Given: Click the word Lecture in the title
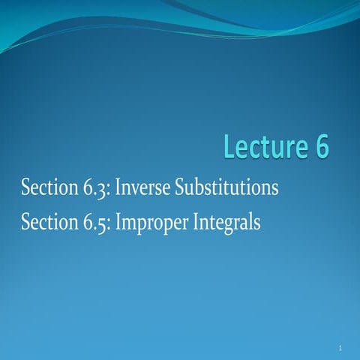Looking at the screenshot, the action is pyautogui.click(x=265, y=146).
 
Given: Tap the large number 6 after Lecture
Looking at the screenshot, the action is pyautogui.click(x=321, y=146).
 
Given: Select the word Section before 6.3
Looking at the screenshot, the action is pyautogui.click(x=49, y=187).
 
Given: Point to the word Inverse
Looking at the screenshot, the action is pyautogui.click(x=142, y=187).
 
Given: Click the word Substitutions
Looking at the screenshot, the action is pyautogui.click(x=226, y=187).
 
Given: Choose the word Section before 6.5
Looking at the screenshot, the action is pyautogui.click(x=49, y=222).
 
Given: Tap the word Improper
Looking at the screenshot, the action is pyautogui.click(x=151, y=223).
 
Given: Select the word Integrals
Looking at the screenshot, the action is pyautogui.click(x=226, y=223).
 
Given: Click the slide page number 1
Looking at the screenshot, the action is pyautogui.click(x=340, y=348).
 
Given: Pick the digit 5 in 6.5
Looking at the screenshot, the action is pyautogui.click(x=102, y=226).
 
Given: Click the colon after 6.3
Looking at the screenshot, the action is pyautogui.click(x=109, y=190).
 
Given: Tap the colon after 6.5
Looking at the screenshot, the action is pyautogui.click(x=109, y=225).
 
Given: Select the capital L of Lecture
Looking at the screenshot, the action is pyautogui.click(x=230, y=146).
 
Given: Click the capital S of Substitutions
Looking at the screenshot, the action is pyautogui.click(x=180, y=187).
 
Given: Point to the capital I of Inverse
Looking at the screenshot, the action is pyautogui.click(x=118, y=187).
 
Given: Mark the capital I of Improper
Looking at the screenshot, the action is pyautogui.click(x=118, y=222).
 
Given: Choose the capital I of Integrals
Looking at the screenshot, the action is pyautogui.click(x=196, y=222).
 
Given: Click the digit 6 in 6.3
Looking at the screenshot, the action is pyautogui.click(x=88, y=187).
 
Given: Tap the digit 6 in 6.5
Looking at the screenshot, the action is pyautogui.click(x=88, y=222).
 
